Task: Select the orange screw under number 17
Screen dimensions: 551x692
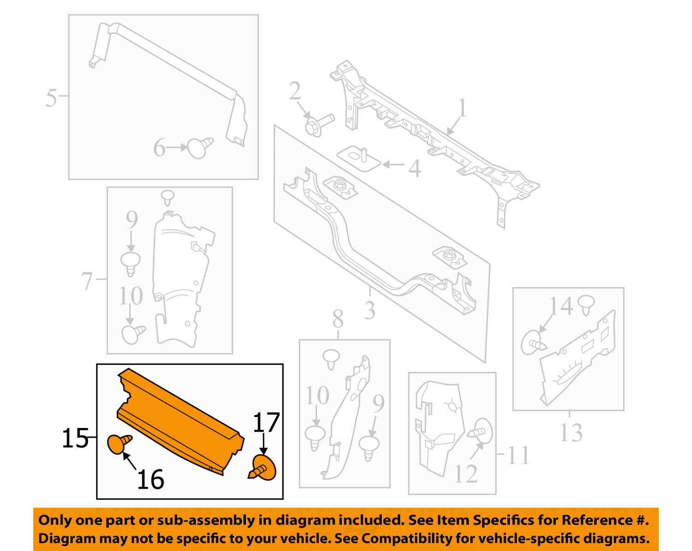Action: point(264,468)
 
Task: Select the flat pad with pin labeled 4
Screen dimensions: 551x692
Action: point(358,158)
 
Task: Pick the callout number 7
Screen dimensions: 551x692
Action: point(87,281)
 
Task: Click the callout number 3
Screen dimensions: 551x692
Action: point(370,311)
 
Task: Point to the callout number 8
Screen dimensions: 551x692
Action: point(338,319)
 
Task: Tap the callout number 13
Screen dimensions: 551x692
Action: point(571,433)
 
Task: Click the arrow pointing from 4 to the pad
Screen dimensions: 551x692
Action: point(393,164)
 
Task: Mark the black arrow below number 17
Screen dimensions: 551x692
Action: point(263,445)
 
